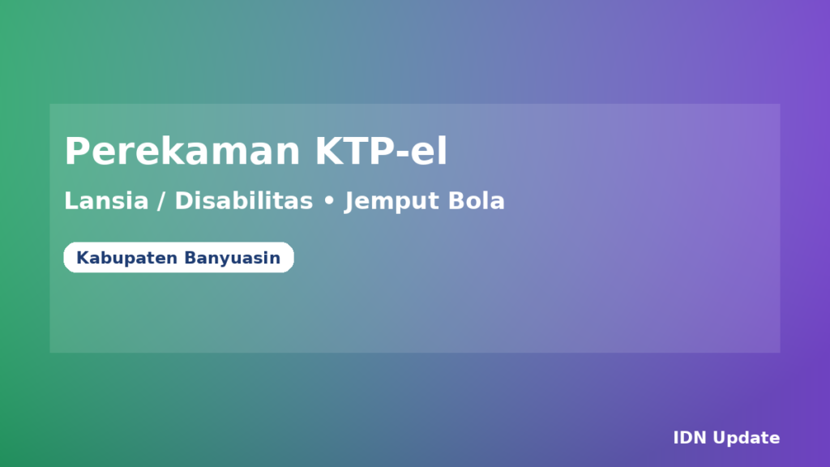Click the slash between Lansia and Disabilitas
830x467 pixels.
tap(161, 201)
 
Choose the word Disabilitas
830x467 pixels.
tap(243, 201)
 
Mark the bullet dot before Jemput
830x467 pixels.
tap(328, 202)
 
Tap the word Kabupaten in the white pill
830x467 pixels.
tap(127, 259)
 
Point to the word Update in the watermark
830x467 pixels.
tap(747, 439)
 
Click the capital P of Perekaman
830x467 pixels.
tap(77, 152)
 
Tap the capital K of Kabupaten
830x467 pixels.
tap(82, 259)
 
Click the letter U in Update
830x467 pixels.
tap(719, 439)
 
